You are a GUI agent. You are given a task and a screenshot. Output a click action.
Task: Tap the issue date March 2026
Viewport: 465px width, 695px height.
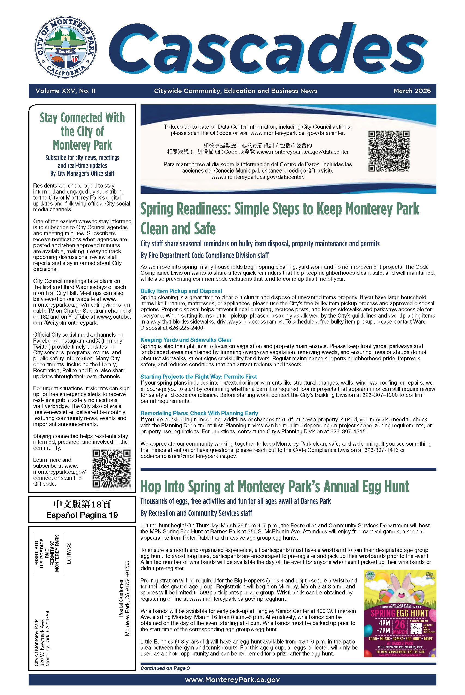click(x=412, y=91)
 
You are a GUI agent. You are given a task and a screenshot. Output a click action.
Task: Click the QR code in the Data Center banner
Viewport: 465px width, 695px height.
click(x=389, y=151)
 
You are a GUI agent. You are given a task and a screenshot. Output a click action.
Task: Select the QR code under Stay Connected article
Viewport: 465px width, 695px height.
click(x=111, y=469)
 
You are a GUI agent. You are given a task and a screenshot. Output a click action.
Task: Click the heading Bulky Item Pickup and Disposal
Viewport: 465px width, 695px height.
click(x=181, y=291)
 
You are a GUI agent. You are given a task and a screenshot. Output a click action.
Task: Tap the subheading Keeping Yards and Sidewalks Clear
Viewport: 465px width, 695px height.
click(x=186, y=340)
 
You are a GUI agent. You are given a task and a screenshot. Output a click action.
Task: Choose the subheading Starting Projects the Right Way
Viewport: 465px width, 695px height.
click(x=198, y=376)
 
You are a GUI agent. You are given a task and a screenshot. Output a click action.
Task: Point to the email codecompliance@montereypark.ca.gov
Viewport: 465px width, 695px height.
click(x=188, y=456)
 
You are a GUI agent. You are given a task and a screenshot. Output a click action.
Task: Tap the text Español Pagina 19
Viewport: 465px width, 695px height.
click(x=82, y=515)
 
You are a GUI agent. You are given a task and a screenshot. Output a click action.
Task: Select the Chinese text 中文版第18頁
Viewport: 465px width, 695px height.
click(x=82, y=504)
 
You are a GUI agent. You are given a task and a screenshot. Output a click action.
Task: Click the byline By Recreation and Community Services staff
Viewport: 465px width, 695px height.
click(x=196, y=513)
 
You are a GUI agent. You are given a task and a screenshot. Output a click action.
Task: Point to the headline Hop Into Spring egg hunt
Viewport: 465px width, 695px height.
click(x=274, y=487)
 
